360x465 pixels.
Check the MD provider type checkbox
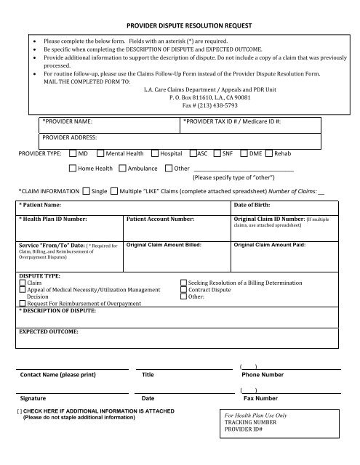click(x=73, y=154)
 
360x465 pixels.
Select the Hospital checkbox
click(x=155, y=154)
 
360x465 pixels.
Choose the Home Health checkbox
click(x=73, y=169)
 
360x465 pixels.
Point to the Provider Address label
click(x=71, y=136)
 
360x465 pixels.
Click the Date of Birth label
click(x=254, y=207)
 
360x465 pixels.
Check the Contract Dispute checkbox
click(x=183, y=289)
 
